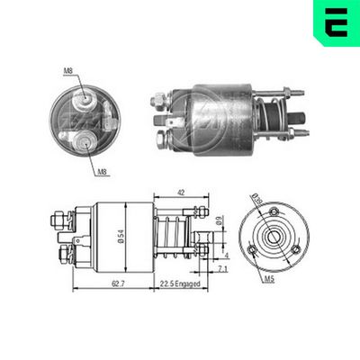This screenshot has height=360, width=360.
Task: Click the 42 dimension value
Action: [181, 192]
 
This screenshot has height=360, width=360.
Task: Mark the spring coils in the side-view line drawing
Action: [171, 236]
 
